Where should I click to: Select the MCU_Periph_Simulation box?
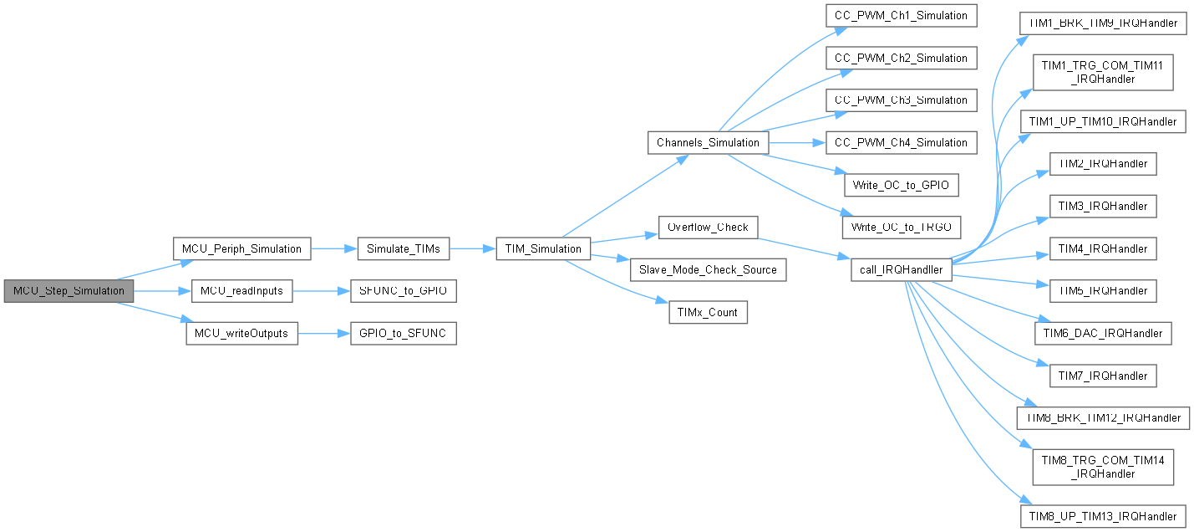241,248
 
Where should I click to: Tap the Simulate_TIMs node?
403,248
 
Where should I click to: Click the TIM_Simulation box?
543,248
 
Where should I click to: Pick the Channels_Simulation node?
708,142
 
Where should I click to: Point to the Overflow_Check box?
709,227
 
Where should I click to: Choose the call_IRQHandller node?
901,269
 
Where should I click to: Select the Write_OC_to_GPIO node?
901,185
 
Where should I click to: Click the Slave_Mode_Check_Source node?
708,269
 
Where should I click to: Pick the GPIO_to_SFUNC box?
403,333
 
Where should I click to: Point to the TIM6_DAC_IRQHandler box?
1103,333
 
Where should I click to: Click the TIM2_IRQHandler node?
1103,164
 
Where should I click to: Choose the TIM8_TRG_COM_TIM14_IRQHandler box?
1103,467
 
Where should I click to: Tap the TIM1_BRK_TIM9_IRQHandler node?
1103,23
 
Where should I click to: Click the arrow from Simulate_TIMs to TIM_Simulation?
472,248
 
